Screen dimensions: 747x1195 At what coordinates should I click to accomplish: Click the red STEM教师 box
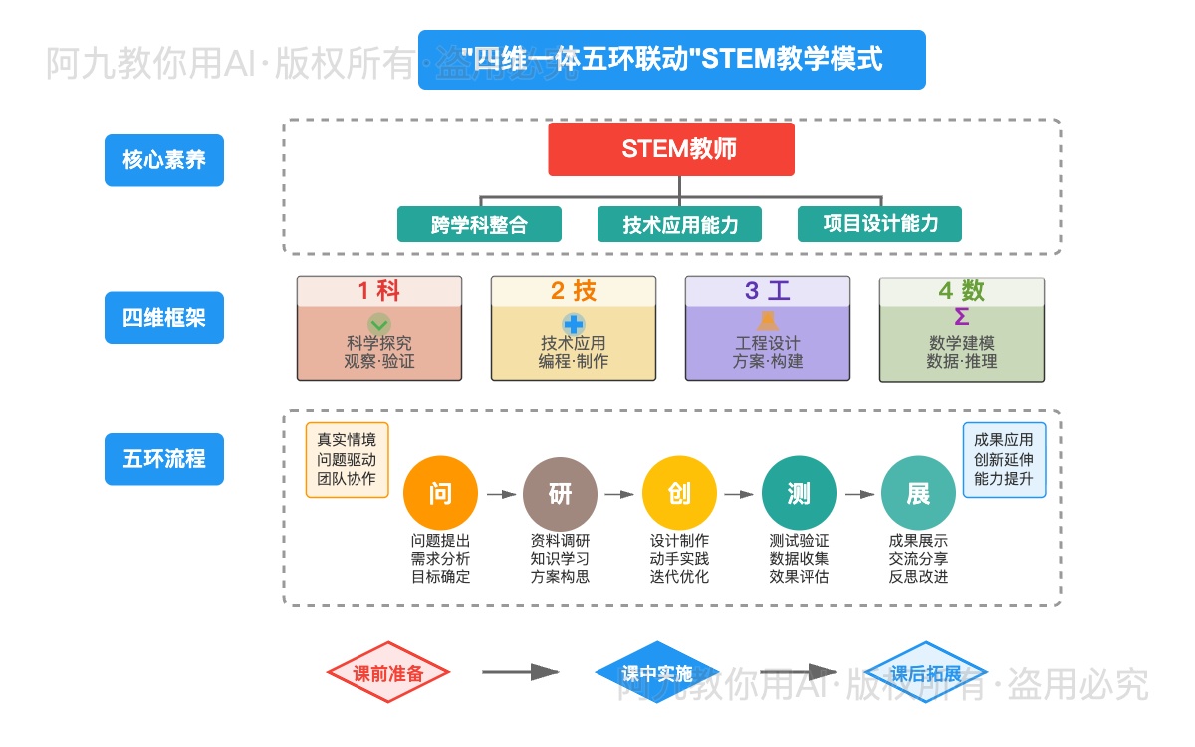click(x=671, y=149)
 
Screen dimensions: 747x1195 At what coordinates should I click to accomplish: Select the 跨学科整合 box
click(x=479, y=224)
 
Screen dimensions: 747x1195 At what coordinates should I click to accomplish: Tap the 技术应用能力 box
click(x=680, y=224)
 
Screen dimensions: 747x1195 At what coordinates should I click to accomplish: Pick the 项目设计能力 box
click(x=880, y=224)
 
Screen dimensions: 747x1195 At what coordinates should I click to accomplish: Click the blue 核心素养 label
click(x=164, y=160)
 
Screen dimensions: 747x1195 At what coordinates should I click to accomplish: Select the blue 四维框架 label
click(x=164, y=318)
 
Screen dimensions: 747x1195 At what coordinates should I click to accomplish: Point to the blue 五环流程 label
click(x=164, y=459)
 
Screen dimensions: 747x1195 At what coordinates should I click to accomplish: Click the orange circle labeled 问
click(x=440, y=494)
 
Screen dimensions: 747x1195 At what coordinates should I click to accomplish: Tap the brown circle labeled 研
click(x=560, y=494)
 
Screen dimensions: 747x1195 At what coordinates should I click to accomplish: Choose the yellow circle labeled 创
click(x=679, y=494)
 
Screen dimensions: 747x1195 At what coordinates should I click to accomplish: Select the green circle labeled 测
click(x=799, y=494)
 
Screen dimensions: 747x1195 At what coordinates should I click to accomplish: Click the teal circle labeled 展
click(x=918, y=494)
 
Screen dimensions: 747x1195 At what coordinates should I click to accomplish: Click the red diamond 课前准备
click(x=388, y=674)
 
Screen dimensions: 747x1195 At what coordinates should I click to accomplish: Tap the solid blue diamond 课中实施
click(x=656, y=674)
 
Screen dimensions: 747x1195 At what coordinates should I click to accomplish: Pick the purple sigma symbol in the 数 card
click(x=962, y=317)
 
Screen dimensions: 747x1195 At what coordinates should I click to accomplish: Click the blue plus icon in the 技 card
click(x=574, y=323)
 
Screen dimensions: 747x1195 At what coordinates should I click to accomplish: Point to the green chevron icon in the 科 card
click(x=379, y=323)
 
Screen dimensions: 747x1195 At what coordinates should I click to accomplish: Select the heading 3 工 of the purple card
click(x=768, y=291)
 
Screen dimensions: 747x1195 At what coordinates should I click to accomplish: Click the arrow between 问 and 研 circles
click(x=500, y=494)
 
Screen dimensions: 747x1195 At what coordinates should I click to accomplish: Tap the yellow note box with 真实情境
click(x=347, y=460)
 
